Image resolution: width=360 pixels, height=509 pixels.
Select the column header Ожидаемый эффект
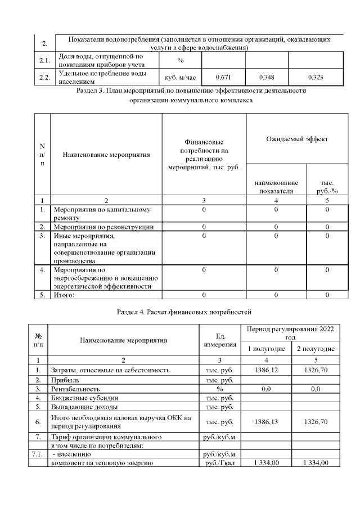[296, 138]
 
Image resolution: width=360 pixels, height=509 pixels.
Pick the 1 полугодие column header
[267, 349]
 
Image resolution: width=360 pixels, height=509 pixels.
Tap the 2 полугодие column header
[316, 349]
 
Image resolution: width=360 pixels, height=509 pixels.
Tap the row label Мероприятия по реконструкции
[103, 227]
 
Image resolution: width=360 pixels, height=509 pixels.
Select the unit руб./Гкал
[220, 463]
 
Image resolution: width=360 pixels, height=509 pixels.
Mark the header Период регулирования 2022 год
[291, 332]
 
